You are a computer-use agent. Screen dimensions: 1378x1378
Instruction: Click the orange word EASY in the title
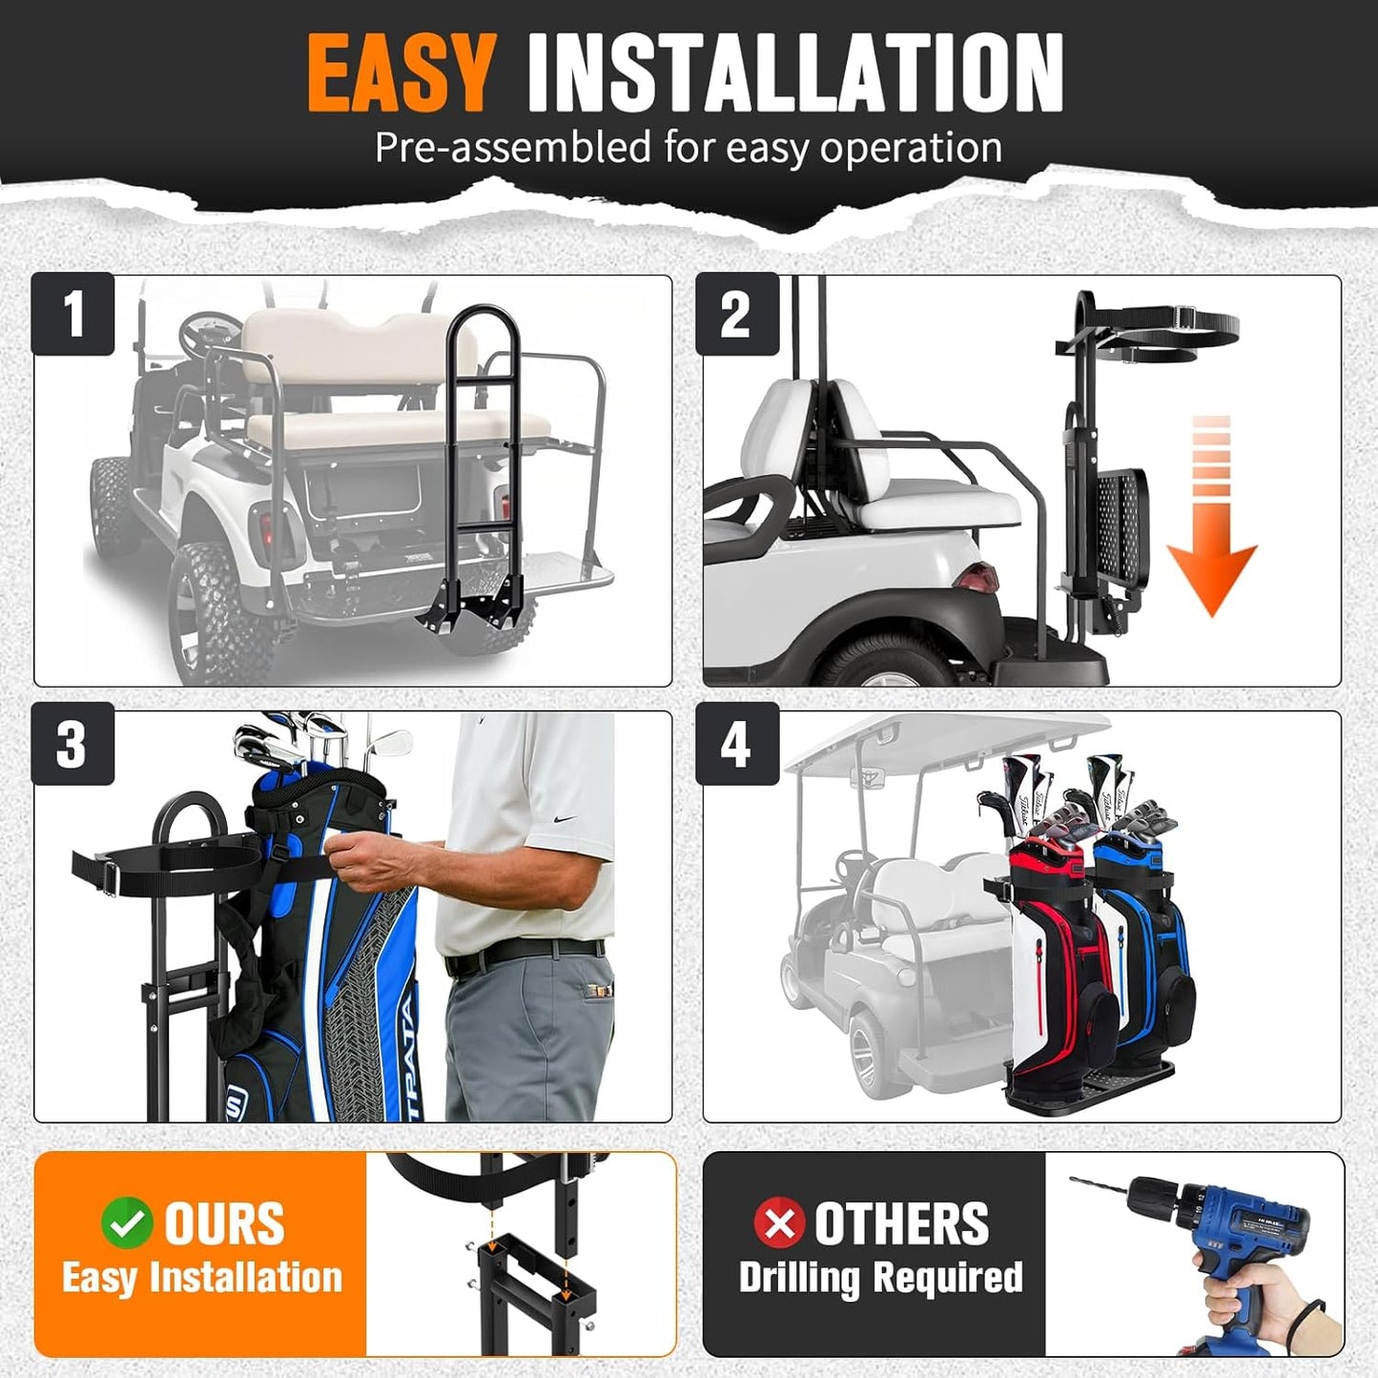[401, 73]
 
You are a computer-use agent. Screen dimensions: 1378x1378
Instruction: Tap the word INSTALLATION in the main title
[794, 73]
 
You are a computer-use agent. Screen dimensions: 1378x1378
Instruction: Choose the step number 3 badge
[72, 744]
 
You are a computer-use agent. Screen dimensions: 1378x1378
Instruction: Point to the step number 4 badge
[737, 744]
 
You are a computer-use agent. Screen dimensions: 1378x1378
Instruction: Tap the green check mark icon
[127, 1223]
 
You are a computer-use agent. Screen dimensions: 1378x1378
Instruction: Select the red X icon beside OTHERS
[779, 1223]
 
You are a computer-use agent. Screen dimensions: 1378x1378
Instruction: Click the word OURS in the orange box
[224, 1223]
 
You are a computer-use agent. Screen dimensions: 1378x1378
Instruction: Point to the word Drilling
[799, 1279]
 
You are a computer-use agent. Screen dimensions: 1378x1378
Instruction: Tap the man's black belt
[524, 953]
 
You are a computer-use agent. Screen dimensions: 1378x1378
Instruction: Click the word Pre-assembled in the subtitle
[513, 148]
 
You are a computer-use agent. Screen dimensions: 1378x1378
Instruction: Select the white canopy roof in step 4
[944, 742]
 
